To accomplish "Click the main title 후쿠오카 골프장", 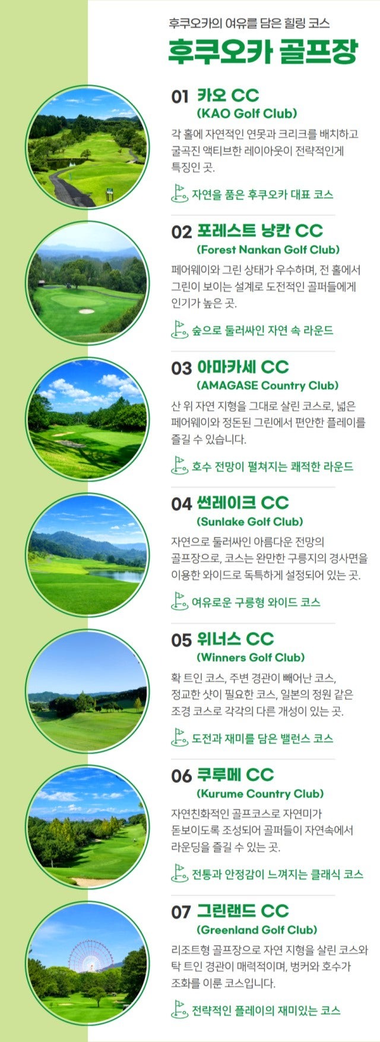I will coord(262,52).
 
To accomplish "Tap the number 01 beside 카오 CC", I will coord(180,97).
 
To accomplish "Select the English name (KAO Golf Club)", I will coord(246,114).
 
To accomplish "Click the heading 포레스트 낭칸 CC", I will coord(259,231).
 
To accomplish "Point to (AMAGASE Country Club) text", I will coord(267,385).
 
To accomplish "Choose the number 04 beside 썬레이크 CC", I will coord(181,504).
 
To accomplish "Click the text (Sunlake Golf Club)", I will coord(249,521).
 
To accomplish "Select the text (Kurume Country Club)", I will coord(259,794).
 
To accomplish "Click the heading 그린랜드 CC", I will coord(242,911).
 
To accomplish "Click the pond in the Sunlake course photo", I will coord(119,575).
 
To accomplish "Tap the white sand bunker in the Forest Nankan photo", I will coord(87,310).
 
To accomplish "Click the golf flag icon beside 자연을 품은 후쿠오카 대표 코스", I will coord(179,193).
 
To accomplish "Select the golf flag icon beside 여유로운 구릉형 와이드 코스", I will coord(179,602).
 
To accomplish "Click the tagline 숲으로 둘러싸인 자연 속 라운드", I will coord(262,330).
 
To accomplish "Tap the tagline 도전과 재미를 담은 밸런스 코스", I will coord(262,738).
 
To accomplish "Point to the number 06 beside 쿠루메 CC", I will coord(181,776).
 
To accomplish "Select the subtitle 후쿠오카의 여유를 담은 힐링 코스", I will coord(249,23).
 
